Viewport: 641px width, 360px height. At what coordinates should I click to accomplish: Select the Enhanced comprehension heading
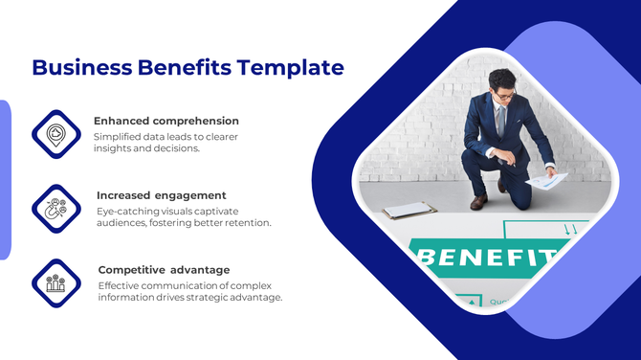click(166, 122)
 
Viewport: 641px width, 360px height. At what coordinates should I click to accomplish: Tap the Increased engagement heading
click(161, 195)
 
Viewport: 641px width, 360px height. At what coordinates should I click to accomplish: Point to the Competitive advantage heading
click(164, 270)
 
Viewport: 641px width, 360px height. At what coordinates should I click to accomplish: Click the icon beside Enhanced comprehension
click(56, 133)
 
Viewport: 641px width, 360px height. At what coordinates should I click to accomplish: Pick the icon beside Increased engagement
click(56, 208)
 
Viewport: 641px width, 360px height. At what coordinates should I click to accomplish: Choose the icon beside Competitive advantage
click(56, 282)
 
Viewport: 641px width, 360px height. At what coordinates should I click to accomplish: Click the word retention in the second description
click(248, 223)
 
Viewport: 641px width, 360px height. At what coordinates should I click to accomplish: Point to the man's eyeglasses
click(503, 96)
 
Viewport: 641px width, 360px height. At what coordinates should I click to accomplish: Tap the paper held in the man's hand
click(547, 179)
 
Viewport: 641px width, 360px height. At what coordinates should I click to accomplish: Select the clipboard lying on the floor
click(409, 210)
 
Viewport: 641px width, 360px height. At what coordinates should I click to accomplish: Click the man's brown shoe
click(475, 202)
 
